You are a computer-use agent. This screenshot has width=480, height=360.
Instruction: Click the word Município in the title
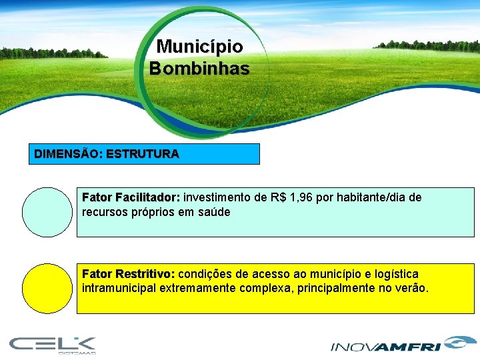[199, 47]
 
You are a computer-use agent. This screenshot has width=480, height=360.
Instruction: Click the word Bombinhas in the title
[199, 69]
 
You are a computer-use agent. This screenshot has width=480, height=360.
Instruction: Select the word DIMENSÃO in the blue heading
[67, 154]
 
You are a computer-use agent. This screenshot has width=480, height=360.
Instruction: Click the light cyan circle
[47, 212]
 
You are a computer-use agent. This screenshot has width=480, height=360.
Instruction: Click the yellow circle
[47, 289]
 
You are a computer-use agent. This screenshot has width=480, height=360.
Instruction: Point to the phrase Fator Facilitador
[130, 198]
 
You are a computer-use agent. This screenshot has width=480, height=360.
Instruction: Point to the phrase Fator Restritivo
[127, 274]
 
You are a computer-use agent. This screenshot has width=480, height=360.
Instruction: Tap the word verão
[413, 288]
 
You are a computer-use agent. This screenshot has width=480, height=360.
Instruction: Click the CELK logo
[53, 345]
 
